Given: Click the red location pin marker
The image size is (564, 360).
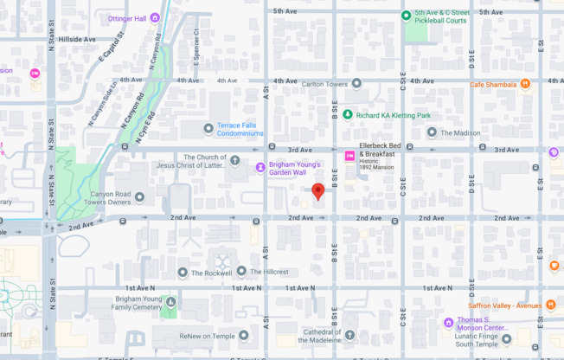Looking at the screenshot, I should coord(318,190).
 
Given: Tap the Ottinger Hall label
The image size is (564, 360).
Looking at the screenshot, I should coord(127,18).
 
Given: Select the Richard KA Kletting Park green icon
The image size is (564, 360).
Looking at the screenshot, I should coord(347,115).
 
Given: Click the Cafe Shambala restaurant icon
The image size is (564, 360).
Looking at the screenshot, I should coord(525,84).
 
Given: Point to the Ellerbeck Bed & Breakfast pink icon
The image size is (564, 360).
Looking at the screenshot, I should coord(349,157).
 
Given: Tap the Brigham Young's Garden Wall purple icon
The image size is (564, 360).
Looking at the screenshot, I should coord(260,167).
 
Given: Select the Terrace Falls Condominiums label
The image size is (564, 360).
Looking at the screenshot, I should coord(240,130).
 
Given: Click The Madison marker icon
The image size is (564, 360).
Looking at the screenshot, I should coord(432,132).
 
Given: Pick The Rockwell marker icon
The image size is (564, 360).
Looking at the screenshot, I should coord(183,272).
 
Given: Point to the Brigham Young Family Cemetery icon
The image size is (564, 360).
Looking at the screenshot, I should coord(170,303).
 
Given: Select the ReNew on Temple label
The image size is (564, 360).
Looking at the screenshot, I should coord(208,336).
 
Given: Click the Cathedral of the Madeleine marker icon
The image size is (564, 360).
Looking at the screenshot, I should coord(349,335).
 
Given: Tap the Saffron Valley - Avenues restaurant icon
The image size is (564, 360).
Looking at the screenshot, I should coord(550,305).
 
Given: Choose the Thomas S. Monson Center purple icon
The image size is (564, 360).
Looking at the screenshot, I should coord(448,324).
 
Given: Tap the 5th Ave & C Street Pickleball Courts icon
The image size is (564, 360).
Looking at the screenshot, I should coord(406,15).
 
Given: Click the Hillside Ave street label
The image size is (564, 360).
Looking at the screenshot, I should coord(77,39).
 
